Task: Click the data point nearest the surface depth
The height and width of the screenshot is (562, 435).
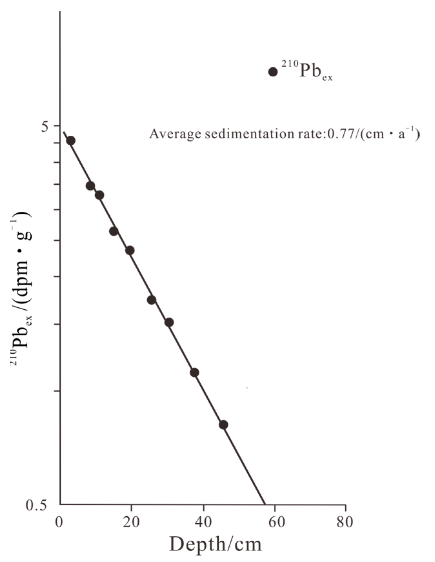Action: [x=71, y=140]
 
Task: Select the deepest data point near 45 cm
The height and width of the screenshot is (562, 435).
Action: [x=223, y=425]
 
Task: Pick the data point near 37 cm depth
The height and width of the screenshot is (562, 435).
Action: [x=194, y=373]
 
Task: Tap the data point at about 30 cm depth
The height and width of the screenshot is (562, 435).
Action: [x=169, y=322]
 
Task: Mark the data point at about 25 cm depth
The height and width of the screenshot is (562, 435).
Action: [x=152, y=300]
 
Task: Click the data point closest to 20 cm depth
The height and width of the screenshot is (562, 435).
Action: [x=130, y=250]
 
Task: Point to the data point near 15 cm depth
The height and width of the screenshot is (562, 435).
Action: [x=114, y=231]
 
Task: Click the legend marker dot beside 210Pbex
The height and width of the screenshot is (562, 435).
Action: [x=273, y=72]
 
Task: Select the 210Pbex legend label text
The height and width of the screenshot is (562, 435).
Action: [x=307, y=71]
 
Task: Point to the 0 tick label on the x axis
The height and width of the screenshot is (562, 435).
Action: [x=59, y=522]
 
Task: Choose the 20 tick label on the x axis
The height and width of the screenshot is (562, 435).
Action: [x=131, y=522]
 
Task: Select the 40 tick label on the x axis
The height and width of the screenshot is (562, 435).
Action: [x=203, y=522]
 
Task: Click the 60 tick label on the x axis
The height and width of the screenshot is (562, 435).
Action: [x=275, y=522]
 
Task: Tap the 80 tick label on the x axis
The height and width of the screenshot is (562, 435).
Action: [x=345, y=522]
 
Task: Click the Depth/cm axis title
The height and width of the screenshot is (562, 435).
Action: [x=215, y=545]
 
